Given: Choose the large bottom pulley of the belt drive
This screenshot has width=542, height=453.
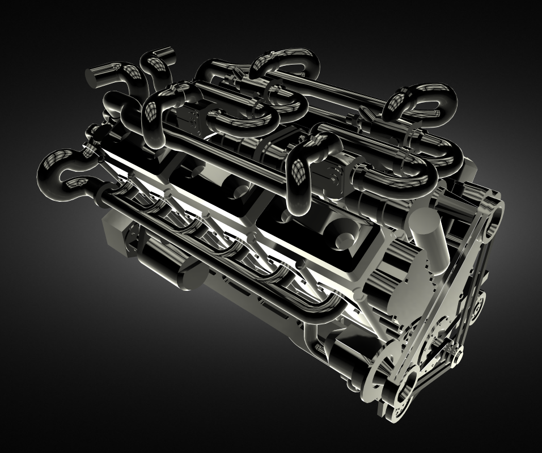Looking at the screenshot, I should [x=404, y=386].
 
